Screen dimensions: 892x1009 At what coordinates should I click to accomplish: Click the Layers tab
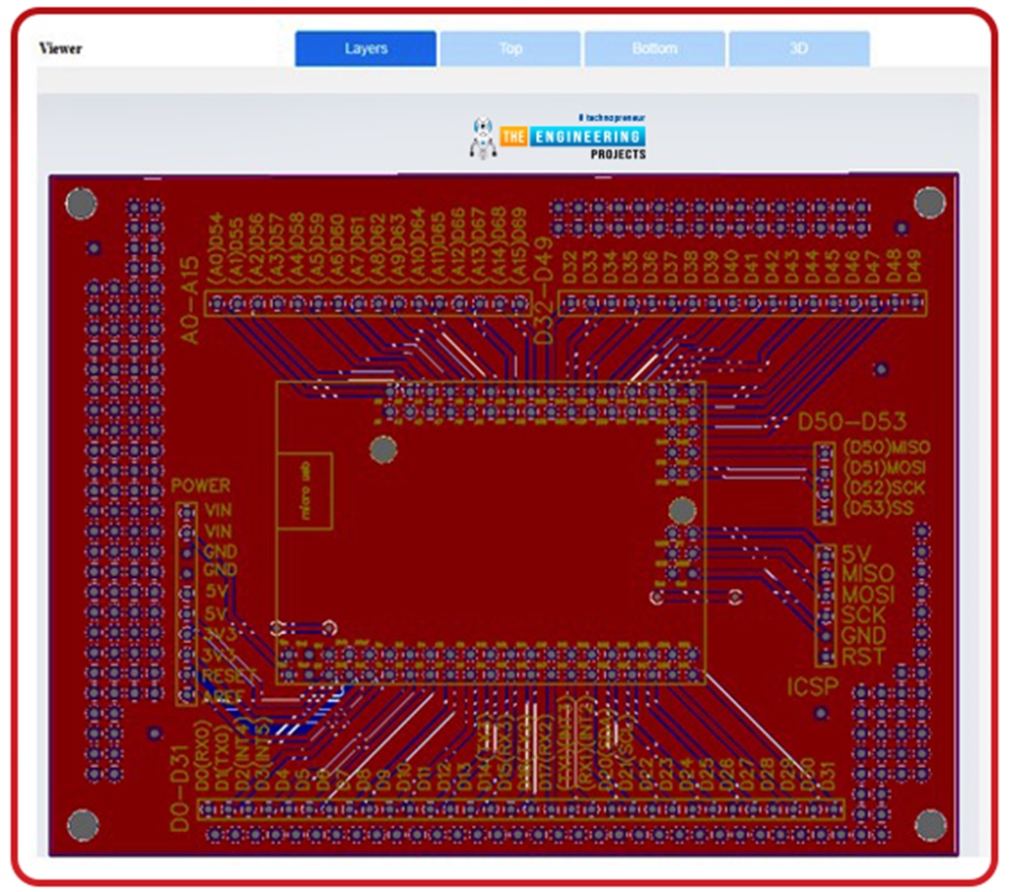pyautogui.click(x=366, y=48)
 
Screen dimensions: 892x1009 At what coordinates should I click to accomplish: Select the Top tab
pyautogui.click(x=510, y=48)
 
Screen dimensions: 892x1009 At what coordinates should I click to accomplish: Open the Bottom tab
pyautogui.click(x=654, y=48)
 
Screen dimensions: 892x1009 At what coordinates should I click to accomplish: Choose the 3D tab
pyautogui.click(x=799, y=48)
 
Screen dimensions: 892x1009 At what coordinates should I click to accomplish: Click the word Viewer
pyautogui.click(x=61, y=48)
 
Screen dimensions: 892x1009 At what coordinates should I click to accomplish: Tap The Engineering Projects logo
pyautogui.click(x=559, y=137)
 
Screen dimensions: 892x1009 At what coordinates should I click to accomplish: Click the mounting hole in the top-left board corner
pyautogui.click(x=81, y=203)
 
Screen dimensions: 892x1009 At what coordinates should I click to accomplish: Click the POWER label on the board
pyautogui.click(x=201, y=485)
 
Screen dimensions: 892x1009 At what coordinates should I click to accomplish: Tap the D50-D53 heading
pyautogui.click(x=852, y=422)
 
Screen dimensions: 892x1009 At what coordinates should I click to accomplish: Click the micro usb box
pyautogui.click(x=303, y=491)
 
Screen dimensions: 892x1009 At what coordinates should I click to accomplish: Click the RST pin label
pyautogui.click(x=863, y=656)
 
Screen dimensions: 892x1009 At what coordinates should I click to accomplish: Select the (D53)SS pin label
pyautogui.click(x=879, y=508)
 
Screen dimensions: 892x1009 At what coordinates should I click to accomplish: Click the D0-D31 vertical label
pyautogui.click(x=178, y=789)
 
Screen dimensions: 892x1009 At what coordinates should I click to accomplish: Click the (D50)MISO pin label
pyautogui.click(x=886, y=447)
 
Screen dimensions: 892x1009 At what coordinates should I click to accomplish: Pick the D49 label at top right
pyautogui.click(x=914, y=266)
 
